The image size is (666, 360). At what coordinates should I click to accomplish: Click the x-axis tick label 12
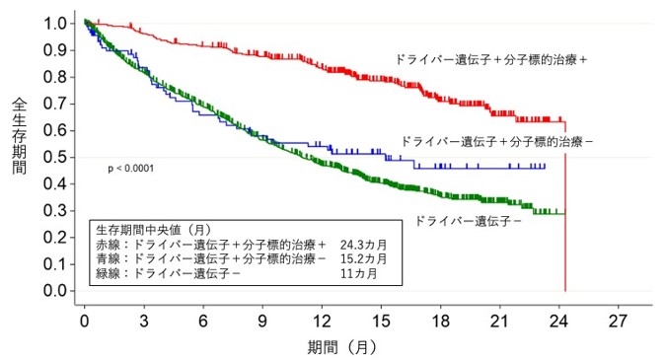tap(322, 323)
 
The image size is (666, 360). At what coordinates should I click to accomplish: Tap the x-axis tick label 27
tap(619, 323)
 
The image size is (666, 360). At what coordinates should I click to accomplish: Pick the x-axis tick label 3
tap(144, 323)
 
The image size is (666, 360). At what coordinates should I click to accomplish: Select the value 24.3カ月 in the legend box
tap(363, 243)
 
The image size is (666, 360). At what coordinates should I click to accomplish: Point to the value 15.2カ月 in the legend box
tap(363, 257)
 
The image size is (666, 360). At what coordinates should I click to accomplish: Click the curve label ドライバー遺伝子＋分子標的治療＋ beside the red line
tap(491, 59)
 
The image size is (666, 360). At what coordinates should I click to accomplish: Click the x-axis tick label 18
tap(441, 323)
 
